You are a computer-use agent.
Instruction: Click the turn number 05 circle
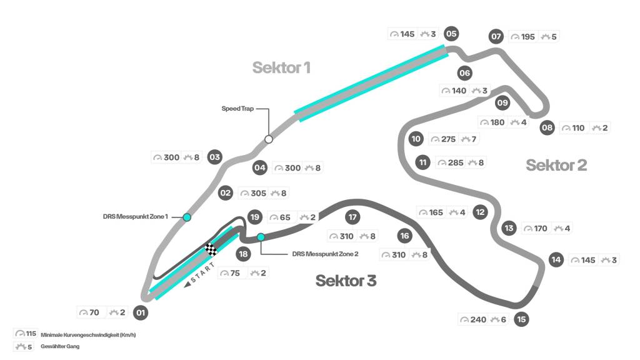point(451,34)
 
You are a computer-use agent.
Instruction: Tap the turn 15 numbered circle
point(522,319)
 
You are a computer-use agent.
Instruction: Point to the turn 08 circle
point(547,128)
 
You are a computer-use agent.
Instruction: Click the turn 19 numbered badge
point(254,217)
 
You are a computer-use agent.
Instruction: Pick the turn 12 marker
point(480,212)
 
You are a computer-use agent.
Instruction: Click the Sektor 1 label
point(281,67)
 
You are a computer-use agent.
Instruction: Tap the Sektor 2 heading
point(556,165)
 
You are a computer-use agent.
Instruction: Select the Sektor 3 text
point(346,281)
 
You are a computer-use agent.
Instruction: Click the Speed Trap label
point(237,109)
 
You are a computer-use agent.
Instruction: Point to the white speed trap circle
point(269,139)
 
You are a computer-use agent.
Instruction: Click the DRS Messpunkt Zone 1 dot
point(187,217)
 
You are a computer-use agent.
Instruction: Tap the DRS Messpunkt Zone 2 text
point(325,254)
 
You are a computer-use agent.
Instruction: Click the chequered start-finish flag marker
point(211,249)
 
